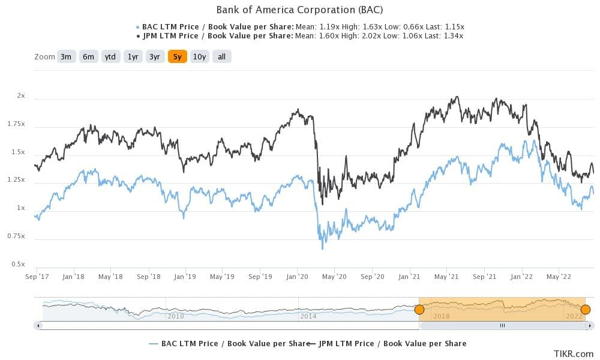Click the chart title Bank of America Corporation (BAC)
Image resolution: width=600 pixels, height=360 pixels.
coord(299,10)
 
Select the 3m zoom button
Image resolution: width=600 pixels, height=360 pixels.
coord(66,57)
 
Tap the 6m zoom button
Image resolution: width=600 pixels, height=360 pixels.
coord(88,57)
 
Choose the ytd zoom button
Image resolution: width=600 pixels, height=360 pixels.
coord(110,57)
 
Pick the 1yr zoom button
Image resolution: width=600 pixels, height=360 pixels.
coord(133,57)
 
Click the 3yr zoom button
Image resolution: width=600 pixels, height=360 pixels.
coord(155,57)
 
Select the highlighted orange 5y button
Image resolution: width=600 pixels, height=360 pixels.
coord(177,57)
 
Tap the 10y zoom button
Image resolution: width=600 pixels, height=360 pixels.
coord(199,57)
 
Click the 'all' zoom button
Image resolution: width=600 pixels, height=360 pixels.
coord(221,57)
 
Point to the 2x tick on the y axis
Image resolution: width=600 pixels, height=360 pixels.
coord(21,95)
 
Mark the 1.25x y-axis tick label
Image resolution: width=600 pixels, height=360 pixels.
coord(17,180)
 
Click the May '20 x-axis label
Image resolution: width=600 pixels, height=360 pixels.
coord(334,277)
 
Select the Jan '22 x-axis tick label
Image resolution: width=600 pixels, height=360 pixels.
coord(521,277)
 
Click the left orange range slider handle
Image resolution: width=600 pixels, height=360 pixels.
coord(419,310)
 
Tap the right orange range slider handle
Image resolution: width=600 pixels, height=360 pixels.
coord(586,310)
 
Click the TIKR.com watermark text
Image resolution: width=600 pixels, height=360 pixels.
coord(569,355)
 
